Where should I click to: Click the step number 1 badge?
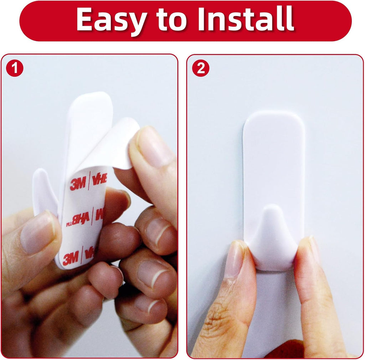click(x=15, y=68)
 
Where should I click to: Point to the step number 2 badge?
click(x=201, y=68)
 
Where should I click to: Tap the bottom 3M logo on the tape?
click(x=71, y=258)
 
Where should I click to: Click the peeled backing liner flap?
click(x=118, y=143)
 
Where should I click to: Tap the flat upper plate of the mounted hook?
click(x=274, y=157)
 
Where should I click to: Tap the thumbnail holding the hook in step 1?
click(x=37, y=232)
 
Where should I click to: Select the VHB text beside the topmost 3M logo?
click(x=99, y=179)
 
